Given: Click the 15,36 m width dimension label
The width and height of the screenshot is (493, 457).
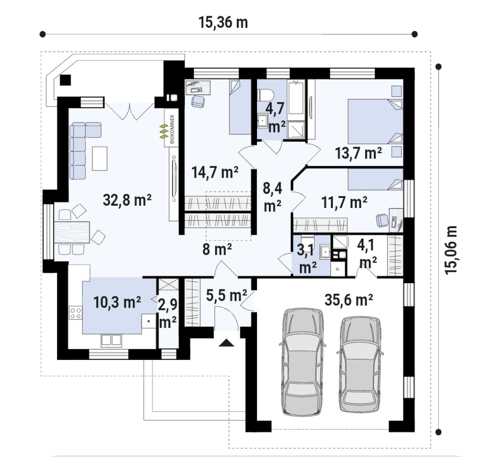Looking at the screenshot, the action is [223, 22].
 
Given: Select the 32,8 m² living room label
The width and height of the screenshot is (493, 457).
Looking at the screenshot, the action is [127, 200].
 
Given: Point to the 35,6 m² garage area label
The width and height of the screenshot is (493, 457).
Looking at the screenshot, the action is [349, 300].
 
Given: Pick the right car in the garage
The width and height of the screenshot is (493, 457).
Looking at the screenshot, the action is [360, 364].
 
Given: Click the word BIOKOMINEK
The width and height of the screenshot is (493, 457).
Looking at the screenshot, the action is [172, 129].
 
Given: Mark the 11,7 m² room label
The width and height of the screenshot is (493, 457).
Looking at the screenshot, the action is [344, 202].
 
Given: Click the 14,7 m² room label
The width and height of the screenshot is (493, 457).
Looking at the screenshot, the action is [215, 172].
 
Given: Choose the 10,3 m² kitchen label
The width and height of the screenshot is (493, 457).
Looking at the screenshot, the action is [117, 302].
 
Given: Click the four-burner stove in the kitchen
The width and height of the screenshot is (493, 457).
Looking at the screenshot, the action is [75, 313].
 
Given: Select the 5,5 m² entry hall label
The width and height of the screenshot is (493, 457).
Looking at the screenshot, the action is [226, 295].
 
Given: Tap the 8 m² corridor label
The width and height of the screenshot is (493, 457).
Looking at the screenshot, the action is [217, 249].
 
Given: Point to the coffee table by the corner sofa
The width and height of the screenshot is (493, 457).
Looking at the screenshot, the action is [100, 158].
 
